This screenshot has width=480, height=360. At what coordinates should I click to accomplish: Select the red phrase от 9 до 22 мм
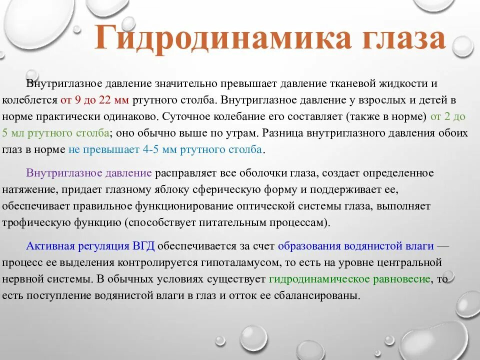(x=95, y=99)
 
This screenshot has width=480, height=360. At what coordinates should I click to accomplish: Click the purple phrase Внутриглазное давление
(x=89, y=173)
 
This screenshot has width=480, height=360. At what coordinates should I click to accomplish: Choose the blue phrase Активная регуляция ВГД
(x=90, y=246)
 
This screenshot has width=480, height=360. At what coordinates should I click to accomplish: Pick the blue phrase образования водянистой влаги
(x=355, y=246)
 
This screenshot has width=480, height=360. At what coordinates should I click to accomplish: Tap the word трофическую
(x=35, y=222)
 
